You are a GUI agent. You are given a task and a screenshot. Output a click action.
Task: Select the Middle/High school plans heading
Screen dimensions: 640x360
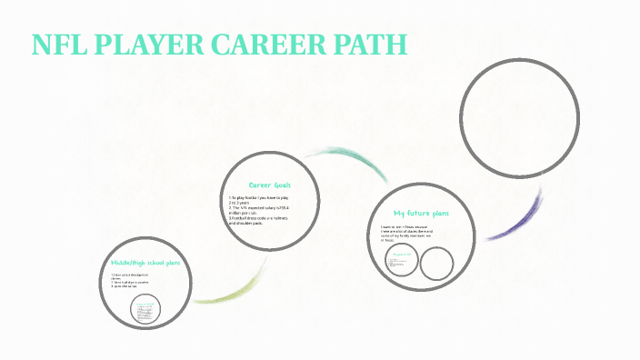[145, 263]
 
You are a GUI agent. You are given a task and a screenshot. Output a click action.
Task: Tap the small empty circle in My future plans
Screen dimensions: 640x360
[436, 264]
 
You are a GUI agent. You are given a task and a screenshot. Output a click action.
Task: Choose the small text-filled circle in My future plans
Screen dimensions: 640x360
[400, 262]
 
